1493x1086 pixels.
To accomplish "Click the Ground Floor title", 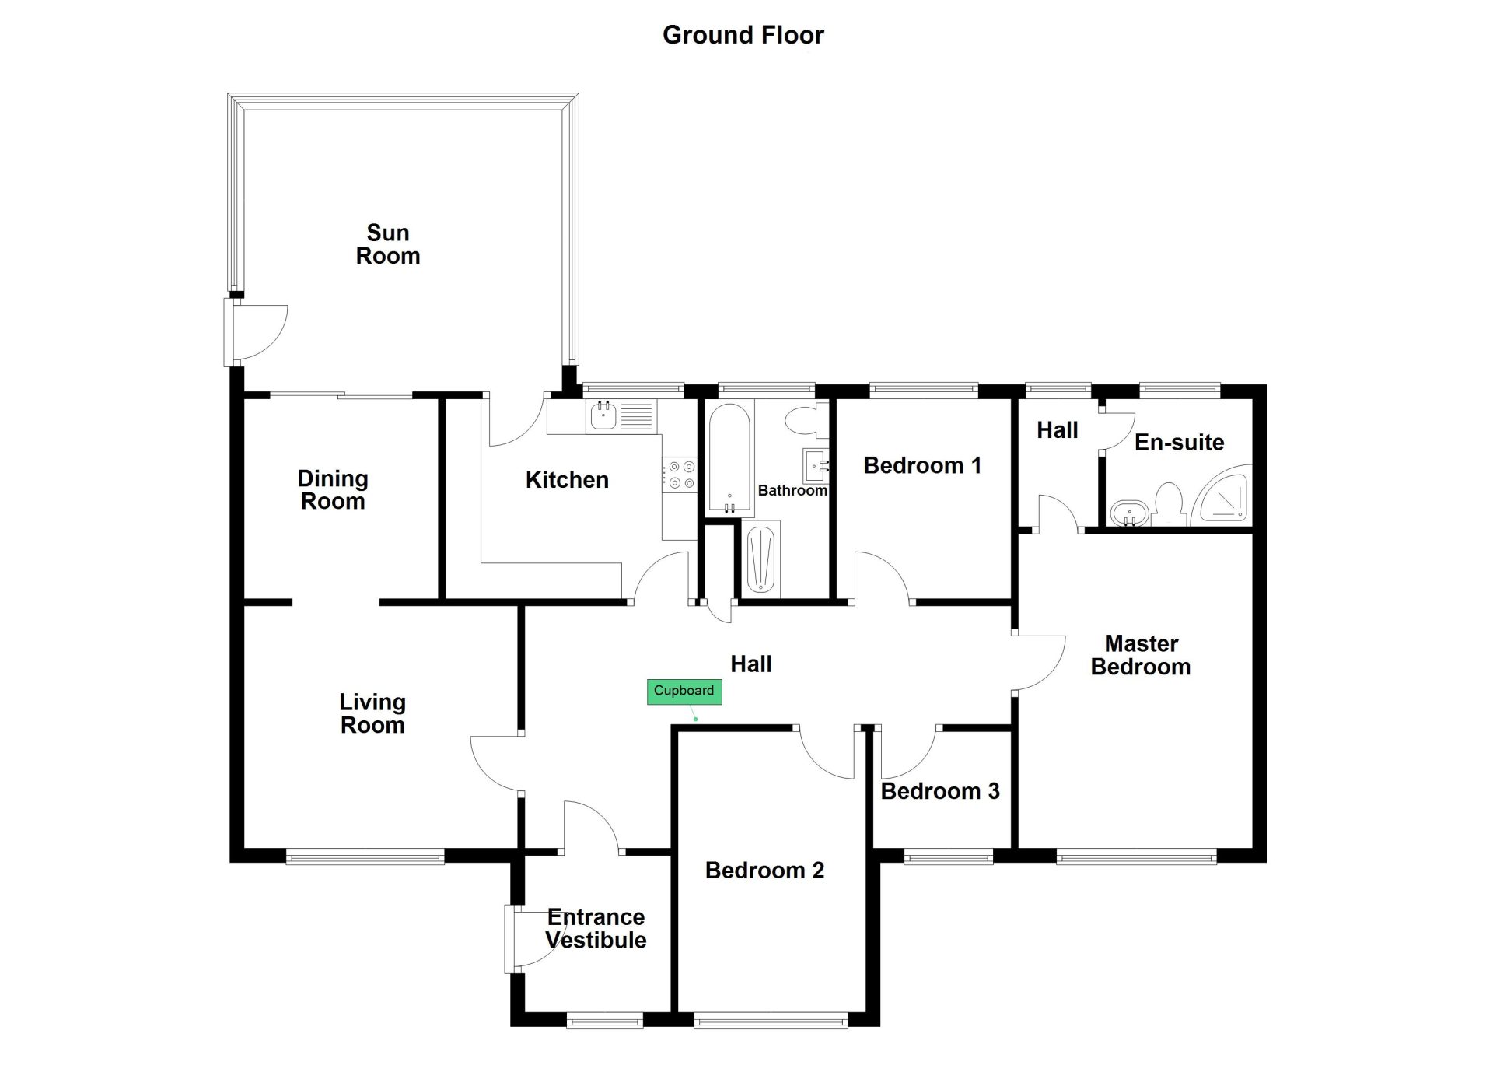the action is coord(743,35).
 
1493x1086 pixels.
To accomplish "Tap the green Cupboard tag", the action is coord(684,692).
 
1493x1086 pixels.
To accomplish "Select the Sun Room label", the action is coord(388,244).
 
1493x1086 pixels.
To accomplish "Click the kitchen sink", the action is coord(603,416).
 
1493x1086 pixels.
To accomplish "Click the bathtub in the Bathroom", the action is coord(729,459).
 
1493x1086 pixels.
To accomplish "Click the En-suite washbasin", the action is coord(1130,513).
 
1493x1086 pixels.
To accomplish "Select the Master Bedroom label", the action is coord(1141,655).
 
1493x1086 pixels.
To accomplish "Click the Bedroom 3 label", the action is coord(940,791).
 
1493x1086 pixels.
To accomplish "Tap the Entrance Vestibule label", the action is coord(596,928).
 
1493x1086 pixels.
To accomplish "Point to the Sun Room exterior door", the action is coord(256,331).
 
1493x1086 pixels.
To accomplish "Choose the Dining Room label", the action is coord(333,489).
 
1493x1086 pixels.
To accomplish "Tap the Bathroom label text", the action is coord(792,490).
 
